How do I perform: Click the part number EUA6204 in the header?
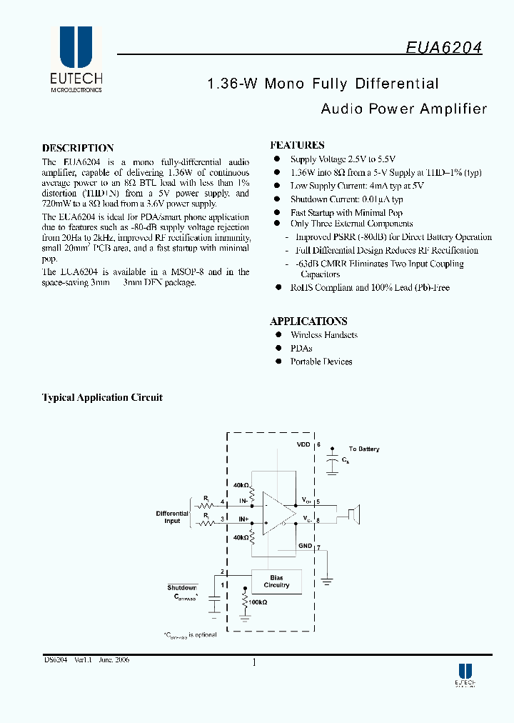tap(444, 47)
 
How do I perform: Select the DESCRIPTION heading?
tap(78, 148)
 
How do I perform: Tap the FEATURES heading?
tap(297, 145)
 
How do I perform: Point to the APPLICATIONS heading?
tap(308, 321)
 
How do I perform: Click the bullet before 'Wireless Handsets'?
tap(278, 335)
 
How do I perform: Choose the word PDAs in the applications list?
tap(302, 349)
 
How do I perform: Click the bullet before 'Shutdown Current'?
tap(278, 199)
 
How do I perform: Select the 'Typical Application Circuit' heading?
tap(102, 397)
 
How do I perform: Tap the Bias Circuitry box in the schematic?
tap(276, 582)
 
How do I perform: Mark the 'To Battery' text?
tap(364, 449)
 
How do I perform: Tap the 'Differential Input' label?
tap(172, 517)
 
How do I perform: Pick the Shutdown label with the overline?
tap(182, 587)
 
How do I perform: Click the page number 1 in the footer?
tap(255, 662)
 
